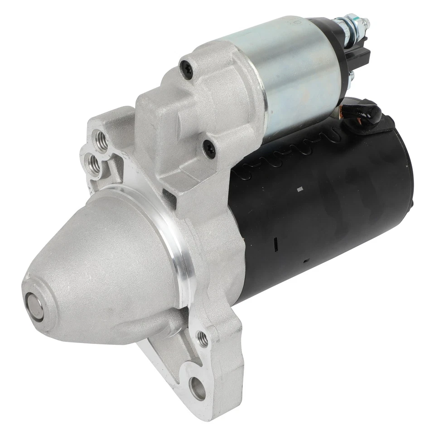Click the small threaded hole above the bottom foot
click(x=203, y=338)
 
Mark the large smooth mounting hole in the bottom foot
click(x=197, y=388)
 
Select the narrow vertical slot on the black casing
click(x=275, y=243)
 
